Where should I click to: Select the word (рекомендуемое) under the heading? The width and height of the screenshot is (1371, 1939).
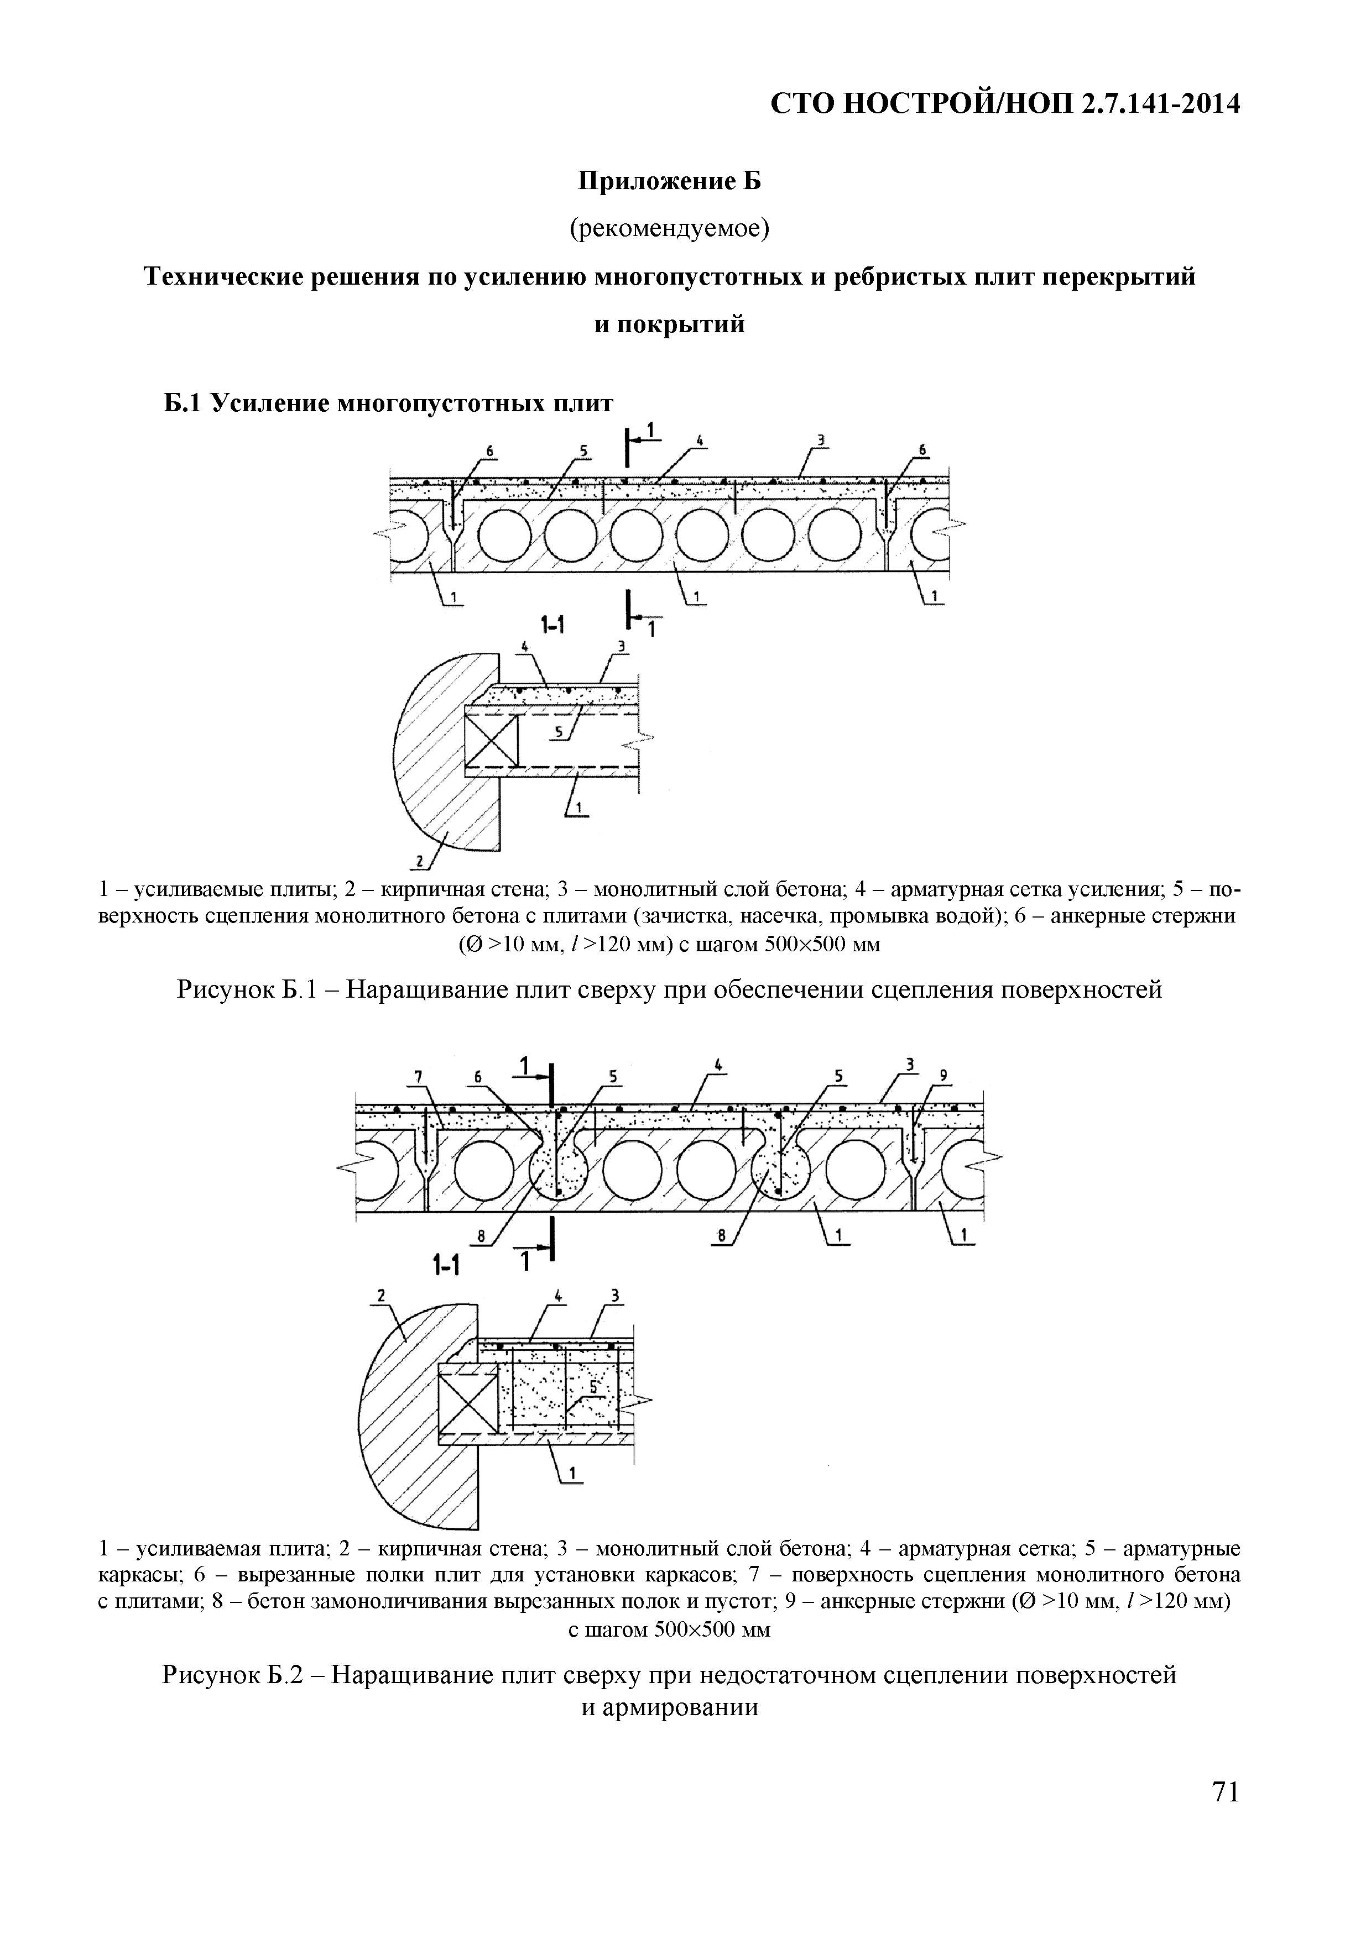click(x=670, y=228)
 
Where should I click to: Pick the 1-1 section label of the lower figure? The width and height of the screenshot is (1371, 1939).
click(x=445, y=1266)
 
